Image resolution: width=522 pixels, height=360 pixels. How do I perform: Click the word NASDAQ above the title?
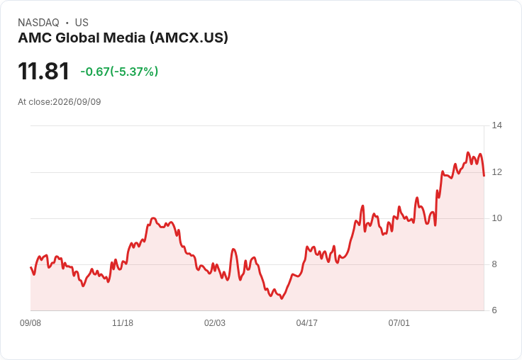(38, 23)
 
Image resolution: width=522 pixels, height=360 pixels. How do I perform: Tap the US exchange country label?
(82, 23)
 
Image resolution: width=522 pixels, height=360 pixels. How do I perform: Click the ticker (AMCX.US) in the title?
(189, 38)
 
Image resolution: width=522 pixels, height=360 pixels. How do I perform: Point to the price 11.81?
(43, 71)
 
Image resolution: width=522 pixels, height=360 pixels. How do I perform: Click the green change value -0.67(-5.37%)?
(119, 72)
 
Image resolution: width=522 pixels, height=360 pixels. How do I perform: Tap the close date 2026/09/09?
(77, 102)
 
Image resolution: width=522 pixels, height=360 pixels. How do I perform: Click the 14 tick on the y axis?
(497, 125)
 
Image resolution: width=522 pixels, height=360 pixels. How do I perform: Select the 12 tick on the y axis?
(497, 172)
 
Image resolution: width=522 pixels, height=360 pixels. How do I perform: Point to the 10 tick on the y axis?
(497, 218)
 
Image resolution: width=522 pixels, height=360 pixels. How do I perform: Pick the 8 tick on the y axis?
(494, 264)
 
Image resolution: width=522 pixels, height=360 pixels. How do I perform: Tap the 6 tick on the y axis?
(494, 310)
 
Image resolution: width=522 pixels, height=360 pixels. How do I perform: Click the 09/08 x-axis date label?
(30, 323)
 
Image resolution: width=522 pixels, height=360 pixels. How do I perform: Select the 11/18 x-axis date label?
(123, 323)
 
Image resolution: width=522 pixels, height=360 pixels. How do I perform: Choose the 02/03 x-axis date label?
(215, 323)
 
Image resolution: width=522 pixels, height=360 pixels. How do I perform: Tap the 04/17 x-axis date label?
(307, 323)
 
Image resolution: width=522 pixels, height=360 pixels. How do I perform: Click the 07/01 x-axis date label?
(399, 323)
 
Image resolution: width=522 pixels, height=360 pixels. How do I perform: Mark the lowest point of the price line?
(282, 298)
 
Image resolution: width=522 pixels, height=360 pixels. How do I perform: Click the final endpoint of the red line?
(484, 175)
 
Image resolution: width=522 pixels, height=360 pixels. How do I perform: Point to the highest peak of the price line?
(468, 152)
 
